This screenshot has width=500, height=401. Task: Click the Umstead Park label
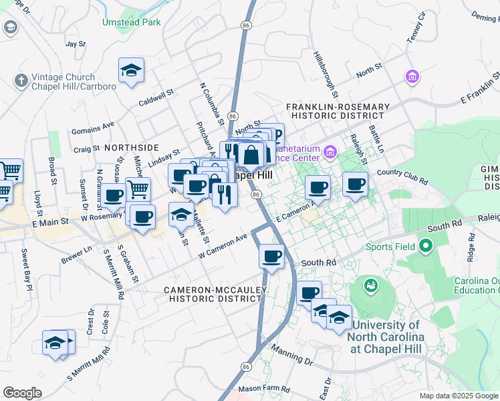[131, 22]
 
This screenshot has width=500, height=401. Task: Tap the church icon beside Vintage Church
[21, 81]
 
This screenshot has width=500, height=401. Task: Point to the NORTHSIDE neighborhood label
[131, 147]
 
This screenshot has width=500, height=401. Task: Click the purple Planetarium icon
[330, 152]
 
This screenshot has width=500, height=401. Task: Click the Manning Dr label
[291, 355]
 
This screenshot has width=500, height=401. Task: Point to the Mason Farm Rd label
[264, 388]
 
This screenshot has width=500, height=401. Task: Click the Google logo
[22, 392]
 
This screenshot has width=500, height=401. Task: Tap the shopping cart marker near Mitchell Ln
[138, 190]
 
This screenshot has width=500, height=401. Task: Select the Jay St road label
[76, 44]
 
